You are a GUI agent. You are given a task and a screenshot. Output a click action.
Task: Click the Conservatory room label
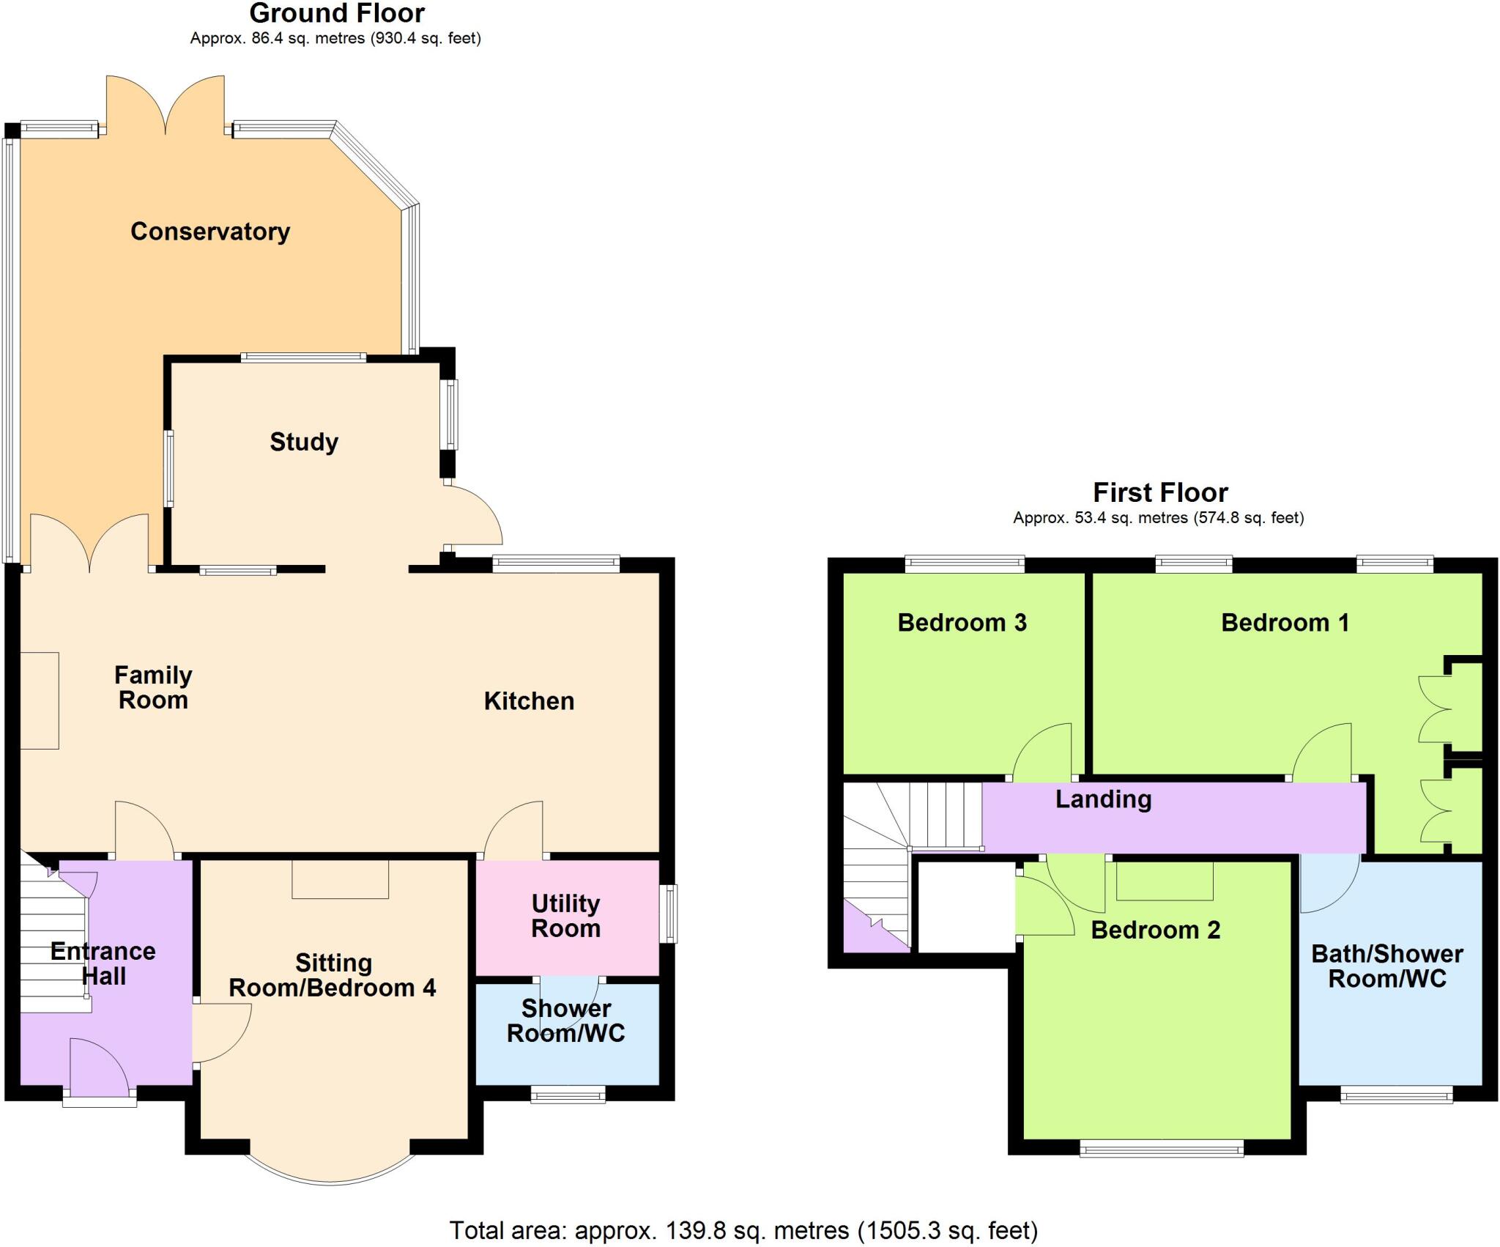click(210, 232)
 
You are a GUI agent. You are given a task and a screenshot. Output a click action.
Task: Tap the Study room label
click(304, 442)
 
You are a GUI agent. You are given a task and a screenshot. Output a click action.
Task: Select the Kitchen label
click(529, 701)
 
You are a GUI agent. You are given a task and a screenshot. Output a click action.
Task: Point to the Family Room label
click(153, 687)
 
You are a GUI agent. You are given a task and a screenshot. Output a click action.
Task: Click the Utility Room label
click(566, 916)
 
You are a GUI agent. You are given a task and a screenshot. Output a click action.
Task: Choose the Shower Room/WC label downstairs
click(566, 1021)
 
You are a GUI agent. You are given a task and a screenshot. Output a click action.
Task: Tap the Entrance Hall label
click(103, 963)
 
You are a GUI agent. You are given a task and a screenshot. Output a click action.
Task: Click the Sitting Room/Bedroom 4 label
click(333, 975)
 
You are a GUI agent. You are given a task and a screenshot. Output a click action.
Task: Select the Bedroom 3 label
click(962, 623)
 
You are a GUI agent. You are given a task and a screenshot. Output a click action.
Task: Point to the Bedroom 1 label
click(1285, 623)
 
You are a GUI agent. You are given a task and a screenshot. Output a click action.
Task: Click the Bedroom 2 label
click(1156, 930)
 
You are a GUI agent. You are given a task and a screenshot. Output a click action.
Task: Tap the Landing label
click(1103, 799)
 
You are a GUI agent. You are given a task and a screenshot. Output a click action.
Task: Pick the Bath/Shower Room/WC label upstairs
click(1386, 966)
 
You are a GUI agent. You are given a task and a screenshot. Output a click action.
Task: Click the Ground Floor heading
click(337, 13)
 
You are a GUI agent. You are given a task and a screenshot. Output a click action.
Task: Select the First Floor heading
click(1160, 492)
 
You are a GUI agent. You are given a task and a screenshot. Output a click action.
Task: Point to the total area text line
click(743, 1230)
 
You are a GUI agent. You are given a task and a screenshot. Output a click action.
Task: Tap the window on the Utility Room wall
click(668, 914)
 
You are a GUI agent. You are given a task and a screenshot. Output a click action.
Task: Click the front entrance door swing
click(100, 1069)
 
